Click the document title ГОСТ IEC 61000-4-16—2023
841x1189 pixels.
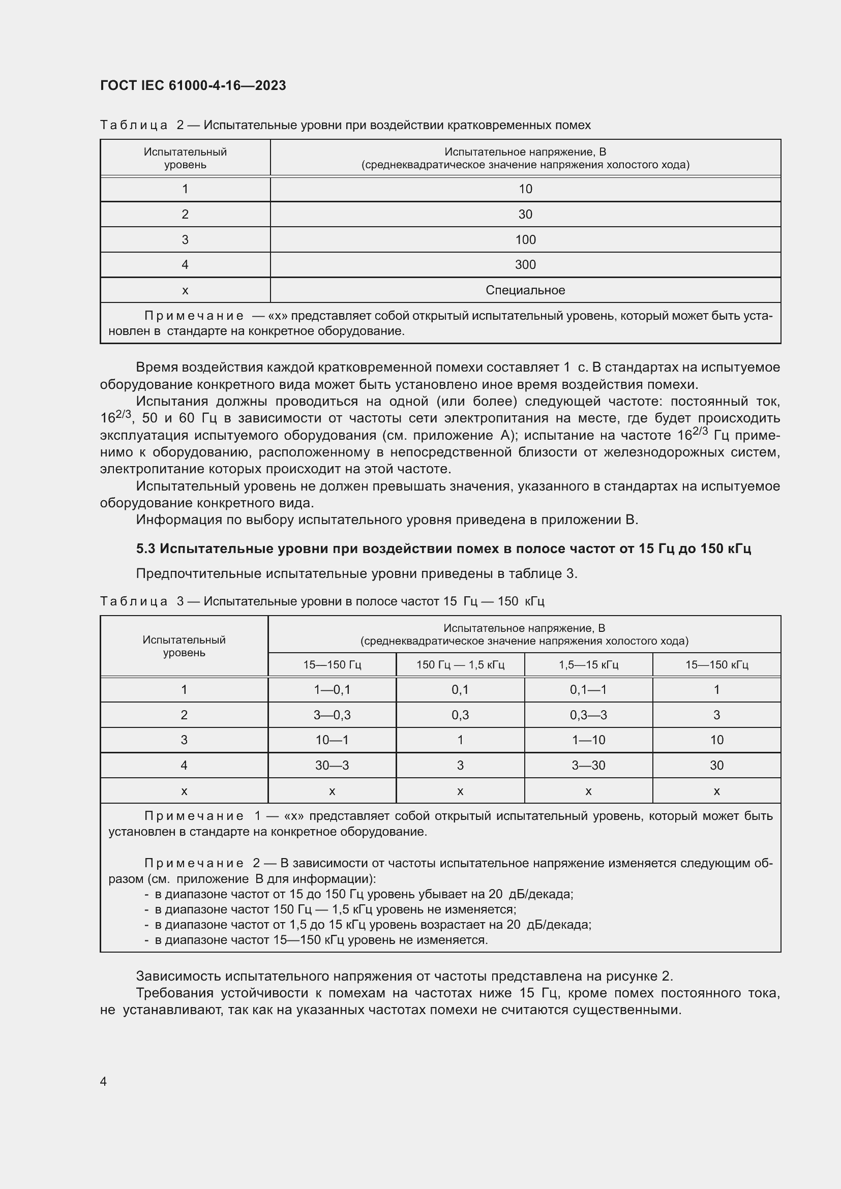193,85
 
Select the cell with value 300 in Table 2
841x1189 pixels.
525,265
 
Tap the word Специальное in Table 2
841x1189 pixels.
525,290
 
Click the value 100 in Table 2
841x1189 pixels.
525,240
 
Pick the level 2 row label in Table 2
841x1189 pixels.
185,215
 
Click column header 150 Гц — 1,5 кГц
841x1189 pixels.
460,664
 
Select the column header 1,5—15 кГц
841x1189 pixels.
588,664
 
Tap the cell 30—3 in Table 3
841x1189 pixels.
332,765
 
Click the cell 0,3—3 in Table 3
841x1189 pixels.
588,715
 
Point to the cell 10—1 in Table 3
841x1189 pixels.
332,740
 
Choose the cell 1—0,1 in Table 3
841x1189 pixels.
332,689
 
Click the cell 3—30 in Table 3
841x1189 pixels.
588,765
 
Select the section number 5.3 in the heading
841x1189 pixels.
145,548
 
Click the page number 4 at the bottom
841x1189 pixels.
103,1081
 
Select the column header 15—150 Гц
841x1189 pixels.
332,664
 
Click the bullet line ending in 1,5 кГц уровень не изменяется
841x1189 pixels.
332,909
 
